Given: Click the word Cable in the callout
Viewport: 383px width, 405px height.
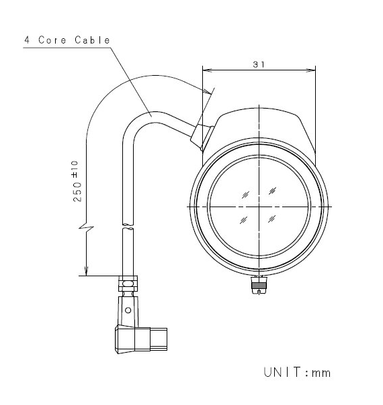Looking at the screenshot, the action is [x=92, y=40].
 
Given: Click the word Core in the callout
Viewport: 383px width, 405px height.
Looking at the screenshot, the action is [x=52, y=40].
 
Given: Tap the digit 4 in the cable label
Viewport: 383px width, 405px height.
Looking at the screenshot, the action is [x=27, y=40].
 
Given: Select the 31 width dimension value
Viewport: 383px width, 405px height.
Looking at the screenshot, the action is [x=259, y=64].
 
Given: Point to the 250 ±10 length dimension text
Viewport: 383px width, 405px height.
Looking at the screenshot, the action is [x=77, y=181].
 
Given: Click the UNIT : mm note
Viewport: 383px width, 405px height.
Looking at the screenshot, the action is [x=297, y=372].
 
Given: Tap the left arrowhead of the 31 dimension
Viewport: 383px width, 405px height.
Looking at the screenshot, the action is [x=207, y=70].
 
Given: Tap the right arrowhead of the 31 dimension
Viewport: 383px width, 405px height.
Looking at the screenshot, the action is [x=311, y=70].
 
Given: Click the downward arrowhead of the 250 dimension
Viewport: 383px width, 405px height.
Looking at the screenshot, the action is [x=86, y=271].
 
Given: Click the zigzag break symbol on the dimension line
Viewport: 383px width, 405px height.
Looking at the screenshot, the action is [x=86, y=227].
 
